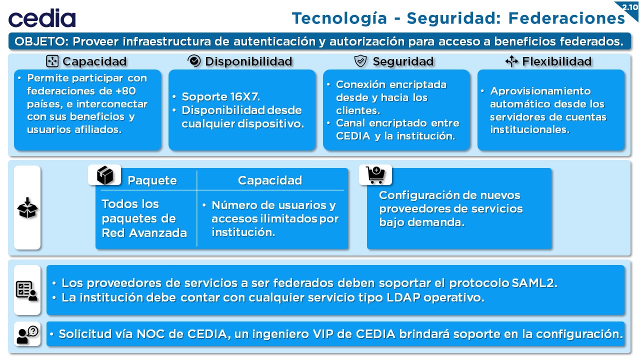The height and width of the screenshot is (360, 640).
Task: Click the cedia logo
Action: pos(42,18)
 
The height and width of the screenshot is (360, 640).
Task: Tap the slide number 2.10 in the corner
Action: pos(629,7)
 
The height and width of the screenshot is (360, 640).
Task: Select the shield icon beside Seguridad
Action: pos(360,61)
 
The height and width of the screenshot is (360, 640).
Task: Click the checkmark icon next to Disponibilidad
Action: pos(194,61)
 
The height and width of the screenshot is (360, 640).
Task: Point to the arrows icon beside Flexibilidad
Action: pos(511,61)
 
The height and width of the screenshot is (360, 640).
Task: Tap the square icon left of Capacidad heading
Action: pos(52,61)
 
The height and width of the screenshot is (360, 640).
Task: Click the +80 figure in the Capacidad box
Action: pos(125,91)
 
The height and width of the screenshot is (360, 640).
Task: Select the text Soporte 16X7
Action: pos(221,96)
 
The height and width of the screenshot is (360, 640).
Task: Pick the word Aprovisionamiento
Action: pos(540,91)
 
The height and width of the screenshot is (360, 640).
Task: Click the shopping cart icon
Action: pos(375,174)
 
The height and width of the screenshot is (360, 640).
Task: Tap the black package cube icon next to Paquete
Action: pos(105,175)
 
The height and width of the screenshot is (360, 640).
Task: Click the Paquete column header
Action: pos(152,180)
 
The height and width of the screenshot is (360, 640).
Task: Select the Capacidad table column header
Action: pos(270,180)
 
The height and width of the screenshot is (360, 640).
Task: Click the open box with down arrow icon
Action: pos(27,207)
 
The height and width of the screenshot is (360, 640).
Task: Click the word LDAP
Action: pos(403,297)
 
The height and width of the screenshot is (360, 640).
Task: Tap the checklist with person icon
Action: pos(26,291)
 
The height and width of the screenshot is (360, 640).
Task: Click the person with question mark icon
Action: pos(27,334)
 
